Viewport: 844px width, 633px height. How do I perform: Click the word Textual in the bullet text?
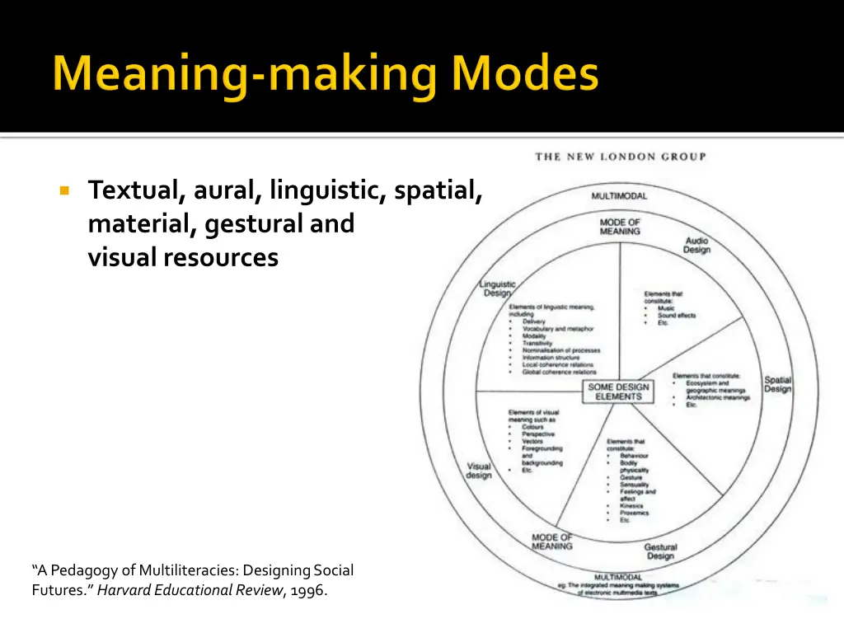137,190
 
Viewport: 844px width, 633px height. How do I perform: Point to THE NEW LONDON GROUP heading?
620,157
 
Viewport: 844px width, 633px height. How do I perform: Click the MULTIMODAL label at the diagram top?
619,196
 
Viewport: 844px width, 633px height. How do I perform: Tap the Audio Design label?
696,245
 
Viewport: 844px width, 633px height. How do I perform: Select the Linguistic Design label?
497,288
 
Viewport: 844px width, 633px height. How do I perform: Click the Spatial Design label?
777,384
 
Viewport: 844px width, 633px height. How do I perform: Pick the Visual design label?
479,471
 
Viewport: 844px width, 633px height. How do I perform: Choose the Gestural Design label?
660,551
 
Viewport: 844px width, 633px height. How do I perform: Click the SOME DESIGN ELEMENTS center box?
618,392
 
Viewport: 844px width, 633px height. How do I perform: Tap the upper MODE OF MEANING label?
620,227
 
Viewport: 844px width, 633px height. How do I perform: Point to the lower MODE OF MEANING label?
552,542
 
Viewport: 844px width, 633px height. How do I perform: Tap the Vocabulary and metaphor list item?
557,329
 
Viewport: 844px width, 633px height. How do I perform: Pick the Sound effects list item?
676,316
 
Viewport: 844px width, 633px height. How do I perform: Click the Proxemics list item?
634,513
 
